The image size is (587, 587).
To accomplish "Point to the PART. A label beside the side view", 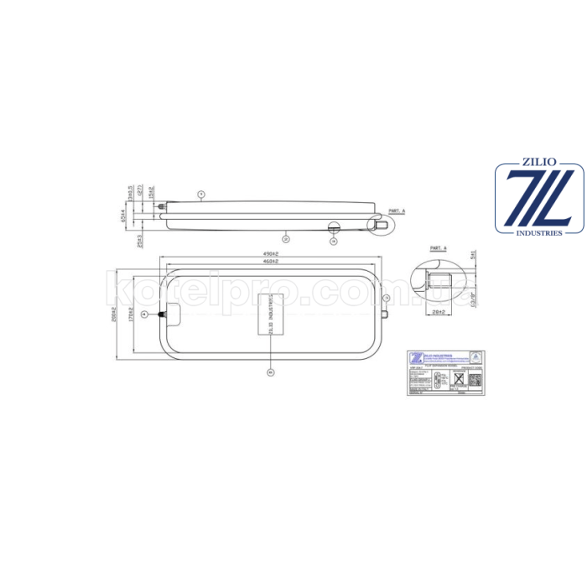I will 397,210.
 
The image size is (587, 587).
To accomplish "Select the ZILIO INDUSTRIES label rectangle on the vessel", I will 270,314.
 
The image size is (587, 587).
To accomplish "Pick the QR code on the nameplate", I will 475,378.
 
